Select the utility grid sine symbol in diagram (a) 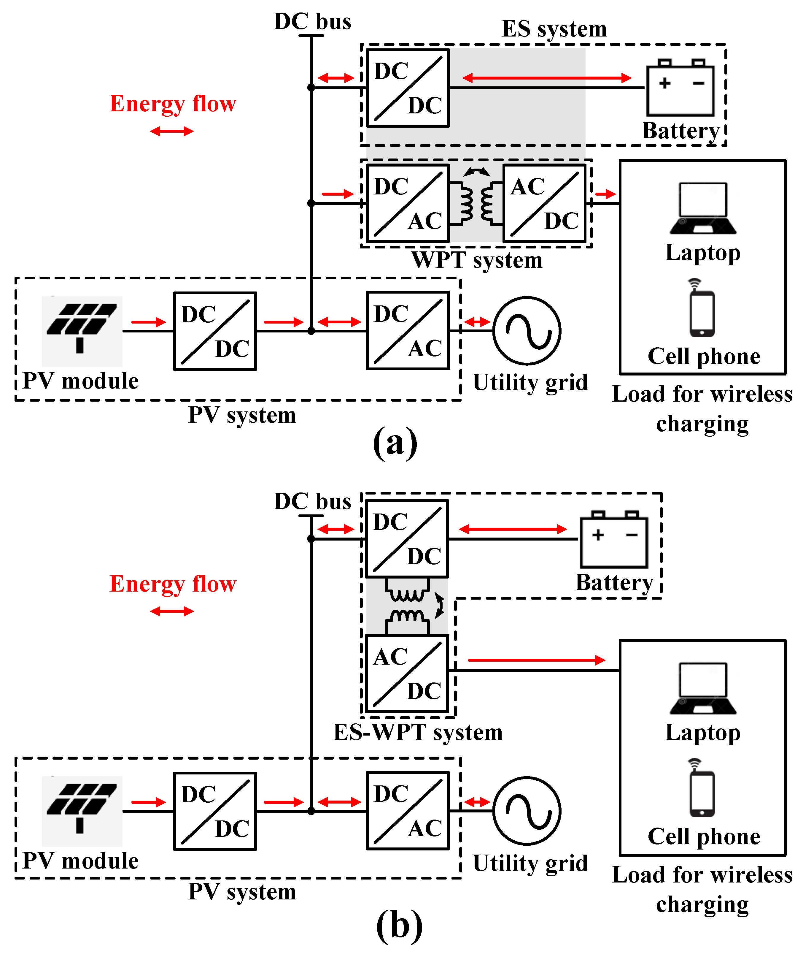[x=527, y=331]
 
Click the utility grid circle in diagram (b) [x=527, y=811]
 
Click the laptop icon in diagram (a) [x=702, y=209]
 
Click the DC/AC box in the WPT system [x=408, y=203]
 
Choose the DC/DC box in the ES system [x=408, y=88]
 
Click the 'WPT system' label [x=477, y=260]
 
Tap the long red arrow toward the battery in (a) [x=547, y=78]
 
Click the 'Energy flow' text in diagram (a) [x=173, y=104]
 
